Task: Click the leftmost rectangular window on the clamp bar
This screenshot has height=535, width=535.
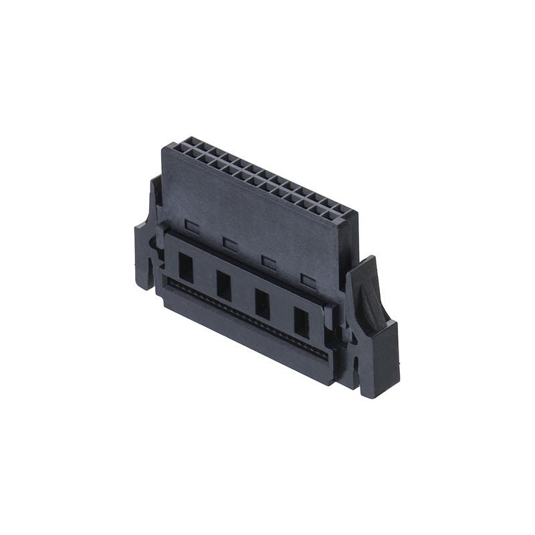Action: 185,267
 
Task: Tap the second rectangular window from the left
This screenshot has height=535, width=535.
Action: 223,286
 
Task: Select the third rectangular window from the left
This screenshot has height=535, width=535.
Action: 262,304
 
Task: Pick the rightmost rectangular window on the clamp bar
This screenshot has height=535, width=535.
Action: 302,322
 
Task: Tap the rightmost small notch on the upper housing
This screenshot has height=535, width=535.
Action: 308,280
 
